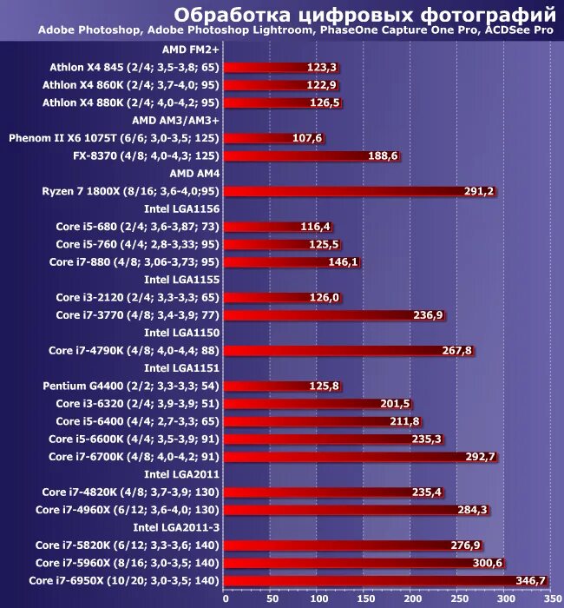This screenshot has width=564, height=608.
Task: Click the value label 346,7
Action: (x=529, y=580)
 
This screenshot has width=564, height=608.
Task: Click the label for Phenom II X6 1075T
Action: (x=114, y=138)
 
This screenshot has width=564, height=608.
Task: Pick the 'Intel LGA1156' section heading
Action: (x=181, y=208)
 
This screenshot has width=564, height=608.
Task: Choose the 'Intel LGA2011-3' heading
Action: (x=176, y=527)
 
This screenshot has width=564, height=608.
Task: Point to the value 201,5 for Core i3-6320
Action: (x=395, y=403)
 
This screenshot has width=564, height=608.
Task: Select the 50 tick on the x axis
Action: (x=272, y=598)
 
